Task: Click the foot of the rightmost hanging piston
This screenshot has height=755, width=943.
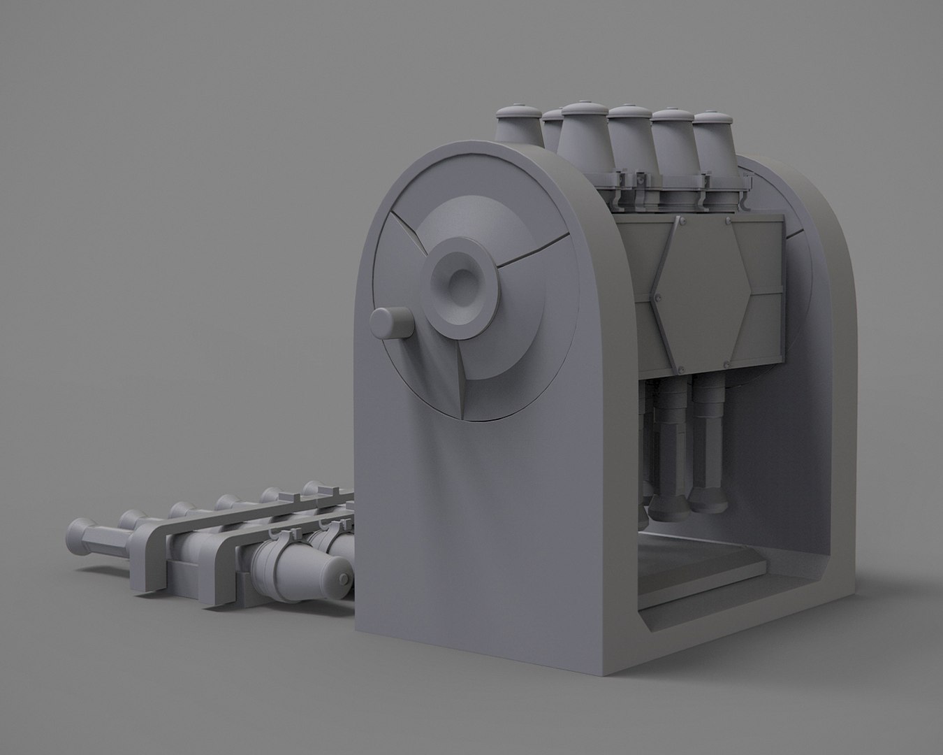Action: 707,497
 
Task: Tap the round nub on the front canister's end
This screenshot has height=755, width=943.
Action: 344,580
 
